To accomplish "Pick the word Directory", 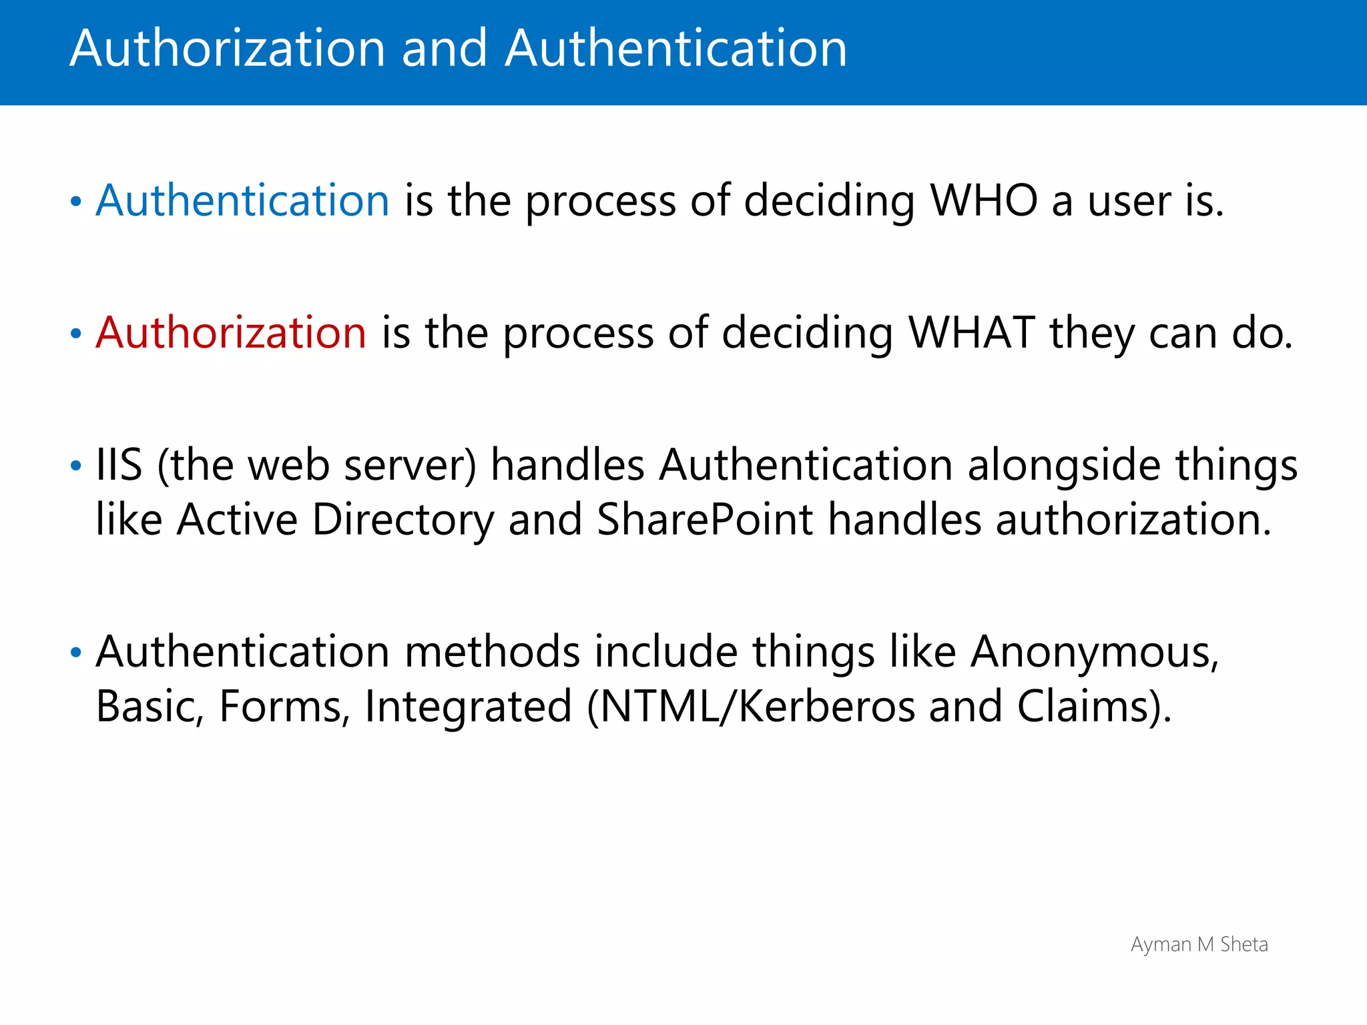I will pos(403,521).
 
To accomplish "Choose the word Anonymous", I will pos(1095,652).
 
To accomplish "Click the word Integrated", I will pos(468,707).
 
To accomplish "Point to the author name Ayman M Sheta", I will pos(1199,945).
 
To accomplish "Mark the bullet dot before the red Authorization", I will pos(76,334).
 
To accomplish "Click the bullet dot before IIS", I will pos(76,466).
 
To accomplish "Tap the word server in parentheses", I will pos(410,466).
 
